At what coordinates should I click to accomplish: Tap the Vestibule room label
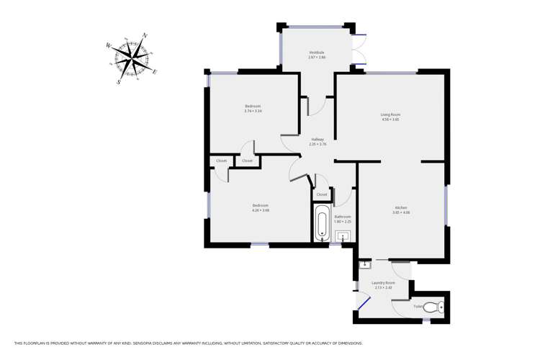(317, 52)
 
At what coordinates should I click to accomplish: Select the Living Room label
(390, 114)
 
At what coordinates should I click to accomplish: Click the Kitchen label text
(401, 208)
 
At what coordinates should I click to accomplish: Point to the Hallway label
(318, 139)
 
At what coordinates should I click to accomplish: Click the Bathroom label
(343, 217)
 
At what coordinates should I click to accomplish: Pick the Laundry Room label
(383, 283)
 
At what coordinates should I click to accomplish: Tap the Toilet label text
(418, 307)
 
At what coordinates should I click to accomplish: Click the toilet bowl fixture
(432, 307)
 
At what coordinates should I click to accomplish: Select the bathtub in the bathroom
(321, 223)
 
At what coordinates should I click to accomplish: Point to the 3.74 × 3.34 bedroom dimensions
(253, 112)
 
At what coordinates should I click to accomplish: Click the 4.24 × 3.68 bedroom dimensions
(260, 210)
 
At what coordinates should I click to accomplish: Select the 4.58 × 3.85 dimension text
(390, 120)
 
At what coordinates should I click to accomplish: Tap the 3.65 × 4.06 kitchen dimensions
(401, 213)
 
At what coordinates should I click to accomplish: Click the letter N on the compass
(145, 35)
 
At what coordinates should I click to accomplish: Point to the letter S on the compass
(118, 81)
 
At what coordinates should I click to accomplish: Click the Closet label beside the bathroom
(322, 194)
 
